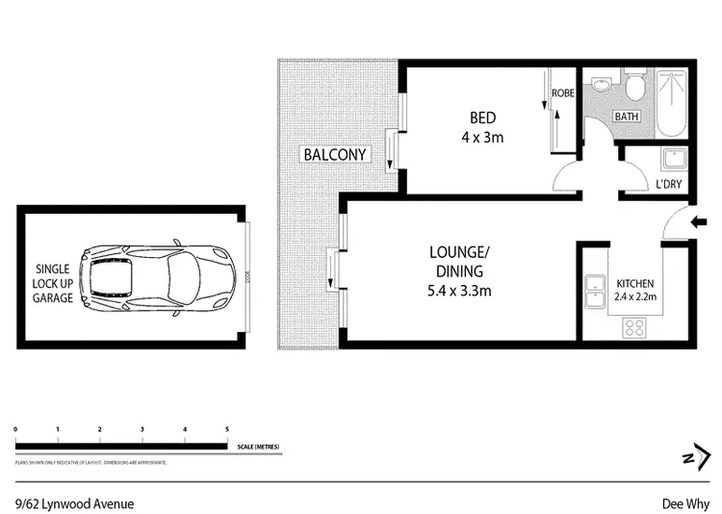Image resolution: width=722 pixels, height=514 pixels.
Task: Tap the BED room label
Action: (x=482, y=118)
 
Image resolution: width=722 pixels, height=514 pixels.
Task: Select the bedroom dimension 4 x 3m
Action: (x=482, y=137)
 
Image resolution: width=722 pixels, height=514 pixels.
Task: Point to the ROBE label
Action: (x=562, y=94)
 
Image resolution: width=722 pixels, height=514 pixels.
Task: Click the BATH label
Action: (x=627, y=116)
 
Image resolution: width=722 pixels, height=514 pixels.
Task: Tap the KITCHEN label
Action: (x=635, y=284)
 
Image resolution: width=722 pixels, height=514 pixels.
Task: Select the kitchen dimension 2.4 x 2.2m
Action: (x=635, y=296)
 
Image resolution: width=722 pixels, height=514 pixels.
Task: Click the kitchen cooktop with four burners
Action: (x=635, y=326)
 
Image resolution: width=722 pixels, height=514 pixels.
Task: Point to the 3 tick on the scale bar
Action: (x=142, y=429)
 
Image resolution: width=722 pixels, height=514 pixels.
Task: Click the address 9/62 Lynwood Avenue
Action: (x=74, y=503)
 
